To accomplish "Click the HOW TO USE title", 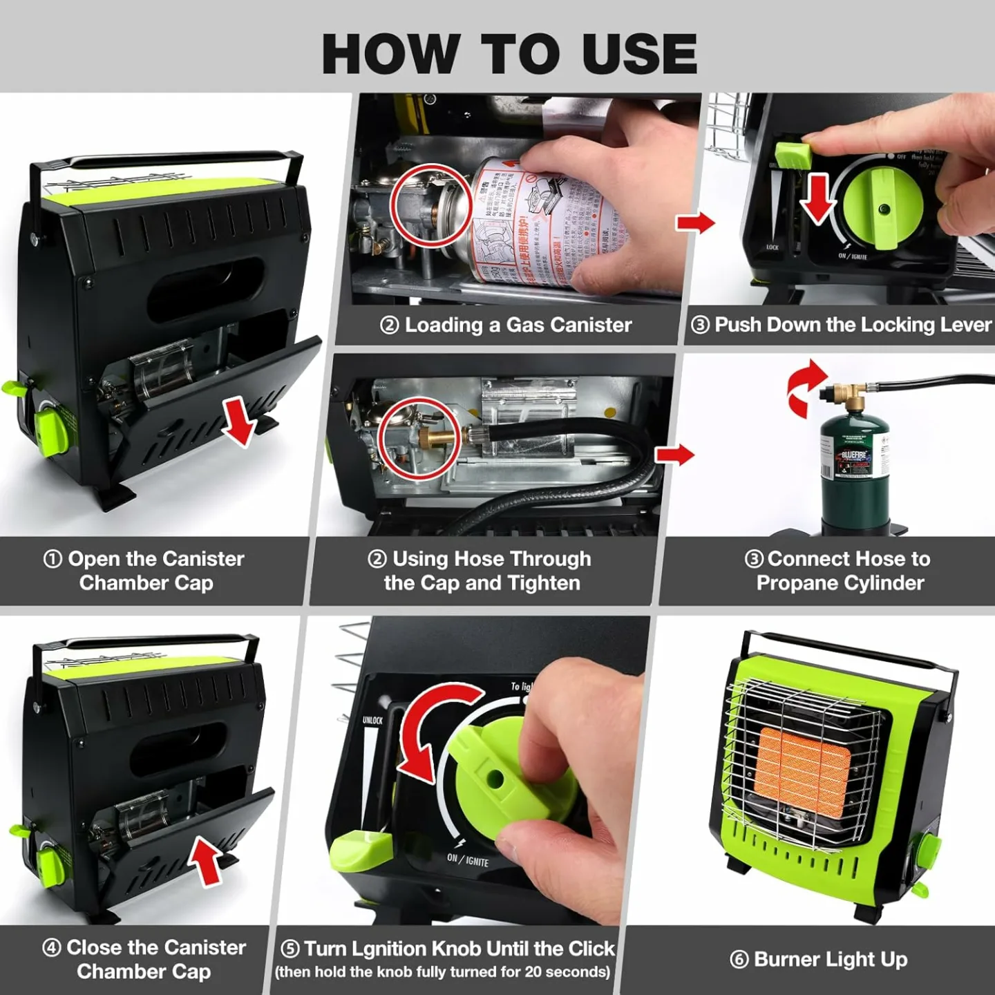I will [509, 54].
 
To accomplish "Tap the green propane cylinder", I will [855, 470].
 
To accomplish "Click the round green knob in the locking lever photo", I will [883, 208].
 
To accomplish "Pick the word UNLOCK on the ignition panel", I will [372, 720].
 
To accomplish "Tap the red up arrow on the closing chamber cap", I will [207, 860].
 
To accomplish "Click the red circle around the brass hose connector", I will [420, 439].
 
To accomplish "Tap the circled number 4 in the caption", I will [52, 947].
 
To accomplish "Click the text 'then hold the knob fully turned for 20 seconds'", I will [442, 972].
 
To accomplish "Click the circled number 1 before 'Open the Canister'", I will [53, 559].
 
